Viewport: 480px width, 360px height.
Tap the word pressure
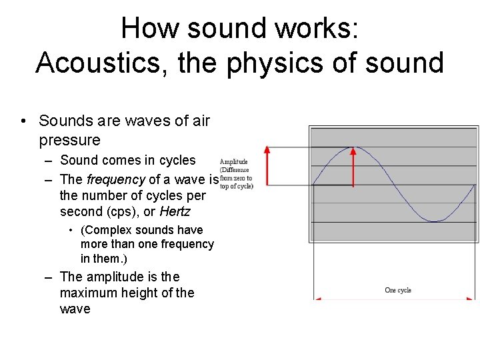click(70, 140)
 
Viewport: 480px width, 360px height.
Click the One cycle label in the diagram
click(398, 290)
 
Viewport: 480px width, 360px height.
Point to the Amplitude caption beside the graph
click(234, 161)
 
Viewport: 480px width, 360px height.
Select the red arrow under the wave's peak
click(353, 167)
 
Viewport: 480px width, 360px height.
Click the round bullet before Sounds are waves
click(23, 121)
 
